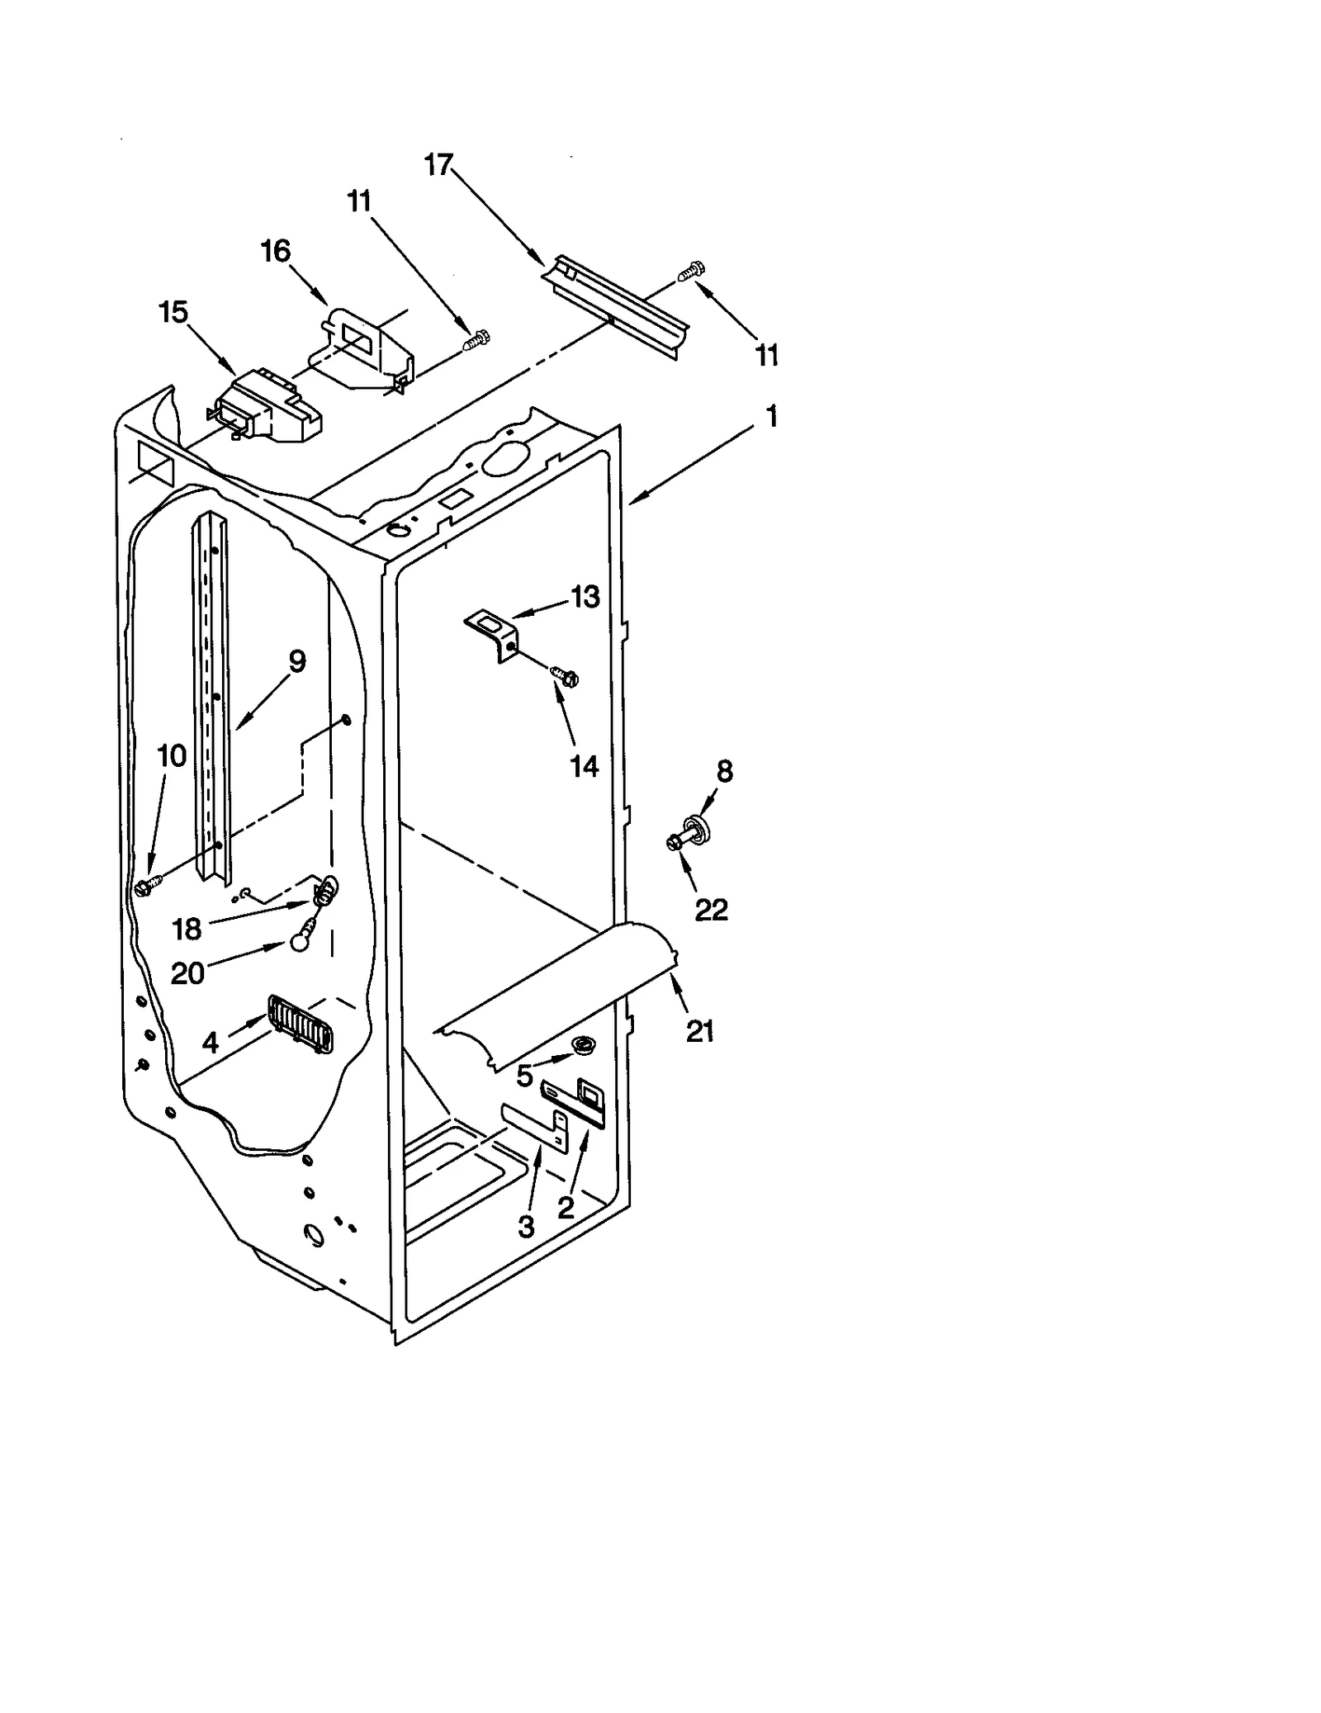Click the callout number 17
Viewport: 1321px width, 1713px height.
click(x=438, y=165)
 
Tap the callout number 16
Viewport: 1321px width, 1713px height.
click(x=276, y=251)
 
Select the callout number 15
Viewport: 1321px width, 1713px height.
click(x=173, y=312)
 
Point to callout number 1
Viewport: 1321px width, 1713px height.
click(x=772, y=417)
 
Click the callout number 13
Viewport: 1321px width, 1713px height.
click(x=585, y=596)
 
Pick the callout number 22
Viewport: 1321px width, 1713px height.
click(x=711, y=910)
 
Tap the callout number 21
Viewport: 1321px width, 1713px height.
click(x=700, y=1031)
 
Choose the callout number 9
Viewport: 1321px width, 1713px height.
click(x=297, y=661)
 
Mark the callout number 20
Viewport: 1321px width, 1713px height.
click(x=187, y=974)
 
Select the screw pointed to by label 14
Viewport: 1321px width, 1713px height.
click(x=566, y=676)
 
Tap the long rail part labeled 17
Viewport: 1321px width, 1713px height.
click(x=615, y=304)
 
